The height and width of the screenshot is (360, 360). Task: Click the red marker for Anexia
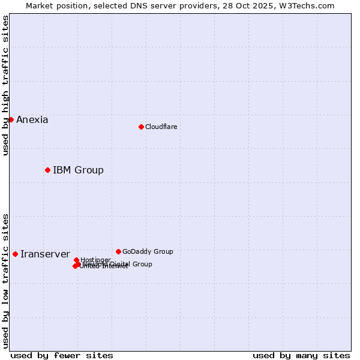click(x=11, y=119)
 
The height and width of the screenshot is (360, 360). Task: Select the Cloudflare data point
click(x=141, y=127)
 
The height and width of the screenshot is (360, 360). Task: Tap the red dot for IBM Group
click(x=47, y=170)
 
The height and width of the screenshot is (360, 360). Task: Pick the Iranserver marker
click(x=15, y=254)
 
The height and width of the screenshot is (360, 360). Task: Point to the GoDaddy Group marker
click(x=118, y=251)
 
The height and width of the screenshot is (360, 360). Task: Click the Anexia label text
click(x=32, y=119)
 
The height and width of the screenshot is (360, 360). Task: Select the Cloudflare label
click(x=161, y=127)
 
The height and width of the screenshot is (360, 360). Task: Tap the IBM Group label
click(x=78, y=170)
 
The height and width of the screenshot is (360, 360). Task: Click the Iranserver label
click(x=45, y=254)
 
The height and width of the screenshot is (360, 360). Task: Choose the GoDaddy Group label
click(x=148, y=251)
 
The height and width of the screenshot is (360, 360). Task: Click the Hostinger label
click(x=96, y=260)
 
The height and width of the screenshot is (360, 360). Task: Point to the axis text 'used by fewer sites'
click(x=62, y=355)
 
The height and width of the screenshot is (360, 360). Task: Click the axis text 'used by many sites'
click(x=301, y=355)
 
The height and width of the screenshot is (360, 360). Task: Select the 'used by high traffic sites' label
click(x=5, y=85)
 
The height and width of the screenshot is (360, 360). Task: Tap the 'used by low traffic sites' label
click(x=5, y=280)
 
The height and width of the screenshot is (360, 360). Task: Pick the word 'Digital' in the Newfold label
click(x=121, y=264)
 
